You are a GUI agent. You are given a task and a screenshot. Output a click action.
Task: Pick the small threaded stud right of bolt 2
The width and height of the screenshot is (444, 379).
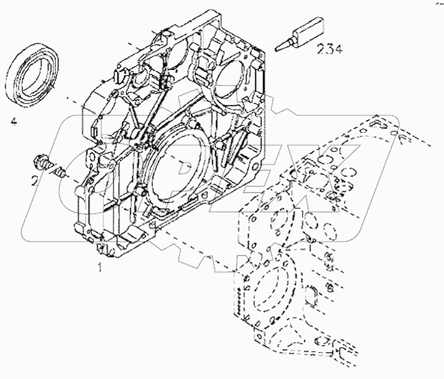pos(59,172)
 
